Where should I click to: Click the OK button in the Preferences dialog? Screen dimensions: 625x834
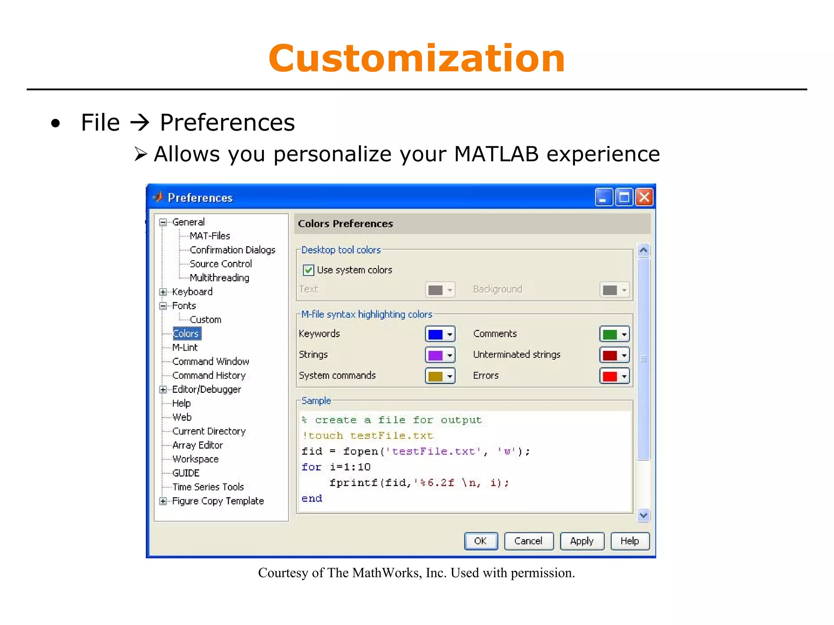click(481, 541)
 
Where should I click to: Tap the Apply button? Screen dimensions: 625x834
click(582, 541)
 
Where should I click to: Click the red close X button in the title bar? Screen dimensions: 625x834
click(644, 198)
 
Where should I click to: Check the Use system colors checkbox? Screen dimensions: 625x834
click(309, 270)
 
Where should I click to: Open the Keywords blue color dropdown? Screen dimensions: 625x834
click(450, 335)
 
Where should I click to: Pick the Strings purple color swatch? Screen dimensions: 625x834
click(435, 355)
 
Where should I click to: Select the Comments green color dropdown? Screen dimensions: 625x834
click(624, 335)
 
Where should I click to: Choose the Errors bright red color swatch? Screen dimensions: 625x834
click(610, 376)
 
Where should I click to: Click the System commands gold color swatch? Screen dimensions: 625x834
click(435, 376)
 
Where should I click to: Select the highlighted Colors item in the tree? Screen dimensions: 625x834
click(186, 334)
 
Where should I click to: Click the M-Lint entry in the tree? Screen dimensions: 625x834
click(185, 348)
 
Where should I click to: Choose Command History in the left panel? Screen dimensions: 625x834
click(209, 375)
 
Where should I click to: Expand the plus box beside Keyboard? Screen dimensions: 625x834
click(163, 292)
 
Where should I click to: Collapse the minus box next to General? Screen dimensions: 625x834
click(163, 222)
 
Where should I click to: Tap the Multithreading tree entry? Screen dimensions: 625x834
click(219, 278)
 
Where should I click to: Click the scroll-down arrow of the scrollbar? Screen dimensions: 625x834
click(643, 515)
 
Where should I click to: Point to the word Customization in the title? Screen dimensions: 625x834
click(417, 59)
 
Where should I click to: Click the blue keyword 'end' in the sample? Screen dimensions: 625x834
click(312, 499)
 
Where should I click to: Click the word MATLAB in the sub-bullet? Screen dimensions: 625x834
click(496, 154)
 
